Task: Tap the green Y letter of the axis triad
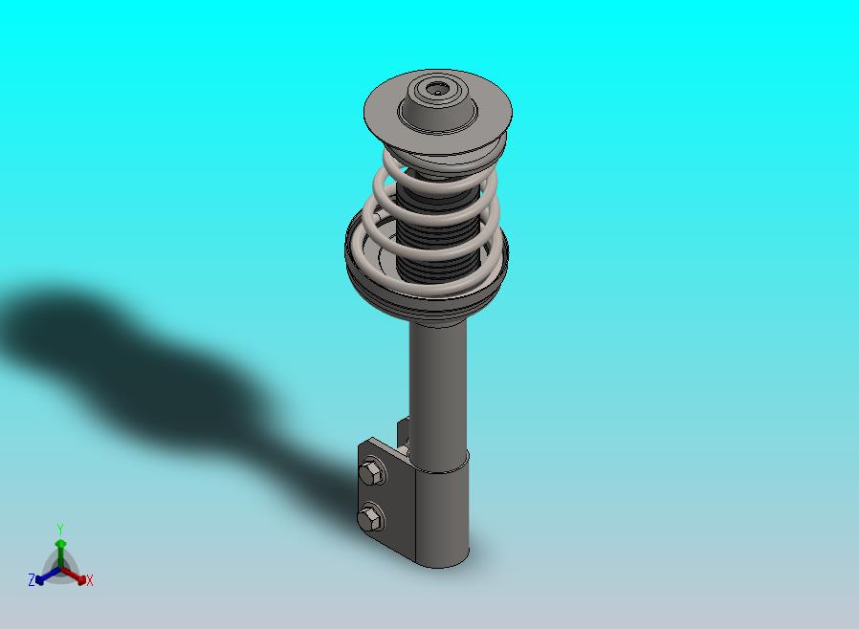[60, 529]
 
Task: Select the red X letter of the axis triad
[90, 581]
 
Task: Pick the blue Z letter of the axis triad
[32, 580]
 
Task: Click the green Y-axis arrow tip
[60, 544]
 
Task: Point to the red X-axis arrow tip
[81, 579]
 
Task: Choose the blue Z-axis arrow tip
[39, 580]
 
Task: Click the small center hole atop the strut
[436, 89]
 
